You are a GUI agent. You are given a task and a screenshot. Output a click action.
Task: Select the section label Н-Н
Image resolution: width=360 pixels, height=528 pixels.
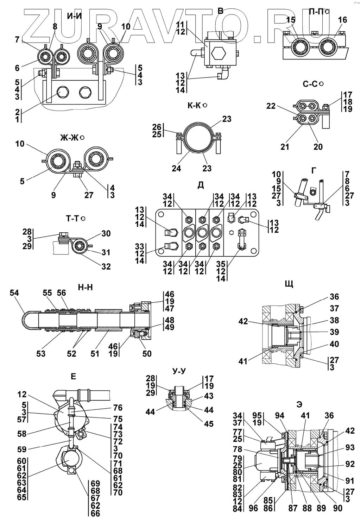(85, 288)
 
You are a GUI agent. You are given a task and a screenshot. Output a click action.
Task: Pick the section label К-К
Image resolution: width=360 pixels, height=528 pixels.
(195, 105)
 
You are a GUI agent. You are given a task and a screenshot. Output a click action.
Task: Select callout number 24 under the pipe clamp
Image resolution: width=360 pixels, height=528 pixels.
(176, 168)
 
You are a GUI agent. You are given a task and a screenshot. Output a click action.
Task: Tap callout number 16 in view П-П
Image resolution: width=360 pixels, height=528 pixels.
(342, 20)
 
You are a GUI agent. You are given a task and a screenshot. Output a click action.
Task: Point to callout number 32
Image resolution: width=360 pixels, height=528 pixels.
(106, 266)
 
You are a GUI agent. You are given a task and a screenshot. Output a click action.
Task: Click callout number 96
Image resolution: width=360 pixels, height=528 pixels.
(253, 508)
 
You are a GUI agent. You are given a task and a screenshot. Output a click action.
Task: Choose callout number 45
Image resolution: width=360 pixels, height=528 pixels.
(209, 423)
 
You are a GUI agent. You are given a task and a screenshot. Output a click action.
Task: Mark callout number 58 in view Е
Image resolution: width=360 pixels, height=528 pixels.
(22, 434)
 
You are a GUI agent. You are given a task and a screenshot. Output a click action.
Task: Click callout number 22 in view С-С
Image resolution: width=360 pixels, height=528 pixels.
(271, 106)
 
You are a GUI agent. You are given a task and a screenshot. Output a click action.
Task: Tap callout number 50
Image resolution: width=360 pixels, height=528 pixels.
(147, 353)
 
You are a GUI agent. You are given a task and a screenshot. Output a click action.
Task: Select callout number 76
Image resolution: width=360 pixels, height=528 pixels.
(118, 407)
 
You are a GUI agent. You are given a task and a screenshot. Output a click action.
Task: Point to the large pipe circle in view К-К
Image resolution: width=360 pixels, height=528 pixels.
(197, 138)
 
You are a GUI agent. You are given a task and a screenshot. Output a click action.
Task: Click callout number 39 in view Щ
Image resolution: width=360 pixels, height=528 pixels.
(334, 332)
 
